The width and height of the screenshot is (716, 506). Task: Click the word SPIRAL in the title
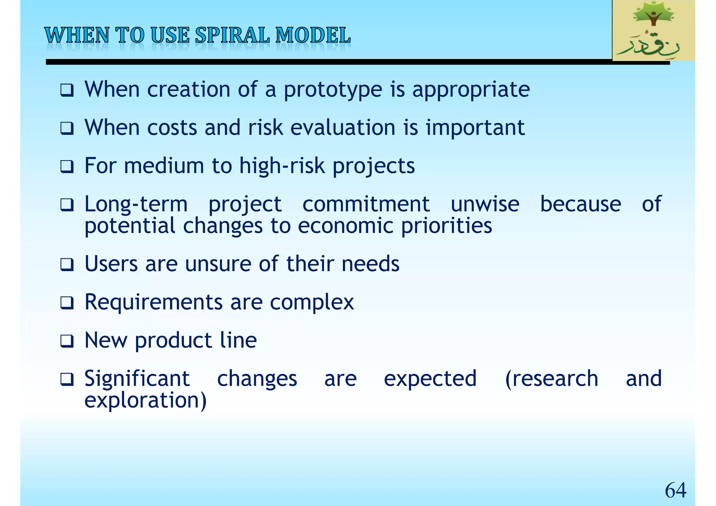pyautogui.click(x=232, y=36)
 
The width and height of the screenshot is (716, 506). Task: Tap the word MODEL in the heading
pyautogui.click(x=313, y=36)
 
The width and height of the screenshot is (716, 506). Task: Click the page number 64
pyautogui.click(x=675, y=490)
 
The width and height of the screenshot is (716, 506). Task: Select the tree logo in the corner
pyautogui.click(x=653, y=30)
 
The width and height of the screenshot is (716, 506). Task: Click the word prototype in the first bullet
pyautogui.click(x=333, y=90)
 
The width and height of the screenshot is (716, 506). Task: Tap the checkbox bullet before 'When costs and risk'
pyautogui.click(x=67, y=128)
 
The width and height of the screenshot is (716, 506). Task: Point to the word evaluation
pyautogui.click(x=343, y=128)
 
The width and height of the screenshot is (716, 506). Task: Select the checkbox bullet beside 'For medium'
pyautogui.click(x=67, y=167)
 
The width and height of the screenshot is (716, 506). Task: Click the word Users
pyautogui.click(x=111, y=264)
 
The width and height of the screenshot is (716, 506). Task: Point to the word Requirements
pyautogui.click(x=153, y=302)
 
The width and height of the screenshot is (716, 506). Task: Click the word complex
pyautogui.click(x=312, y=303)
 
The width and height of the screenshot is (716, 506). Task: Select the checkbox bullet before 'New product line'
pyautogui.click(x=67, y=341)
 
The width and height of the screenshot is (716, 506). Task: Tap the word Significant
pyautogui.click(x=137, y=379)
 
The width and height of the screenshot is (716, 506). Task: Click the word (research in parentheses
pyautogui.click(x=551, y=379)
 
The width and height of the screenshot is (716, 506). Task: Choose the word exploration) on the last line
pyautogui.click(x=146, y=401)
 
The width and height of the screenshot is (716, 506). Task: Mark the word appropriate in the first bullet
pyautogui.click(x=471, y=90)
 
